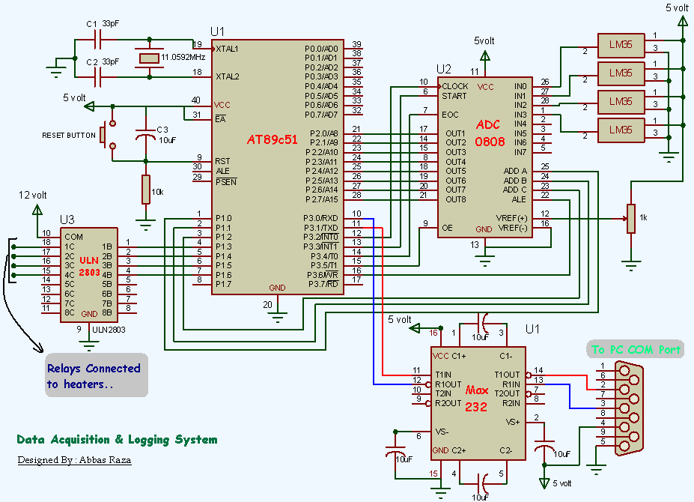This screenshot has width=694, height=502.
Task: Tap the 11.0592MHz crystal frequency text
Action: click(x=182, y=57)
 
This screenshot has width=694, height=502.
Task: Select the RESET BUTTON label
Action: click(x=69, y=136)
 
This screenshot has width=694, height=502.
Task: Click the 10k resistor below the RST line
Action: click(x=147, y=190)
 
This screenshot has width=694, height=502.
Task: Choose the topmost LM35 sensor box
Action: click(x=620, y=45)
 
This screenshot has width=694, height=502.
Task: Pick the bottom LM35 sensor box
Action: click(x=620, y=130)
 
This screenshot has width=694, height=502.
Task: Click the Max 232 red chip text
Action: click(x=476, y=399)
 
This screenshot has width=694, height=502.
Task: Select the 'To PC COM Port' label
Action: click(x=636, y=349)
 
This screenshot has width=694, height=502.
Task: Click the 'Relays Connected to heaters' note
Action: click(x=94, y=376)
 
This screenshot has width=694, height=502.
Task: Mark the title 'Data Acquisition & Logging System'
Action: click(x=117, y=440)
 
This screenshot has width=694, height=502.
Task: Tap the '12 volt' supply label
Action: click(x=34, y=195)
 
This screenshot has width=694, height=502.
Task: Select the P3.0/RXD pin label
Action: click(x=322, y=218)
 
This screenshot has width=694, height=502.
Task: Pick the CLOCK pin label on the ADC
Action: click(x=454, y=86)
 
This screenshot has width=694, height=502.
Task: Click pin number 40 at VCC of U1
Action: click(x=196, y=100)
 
